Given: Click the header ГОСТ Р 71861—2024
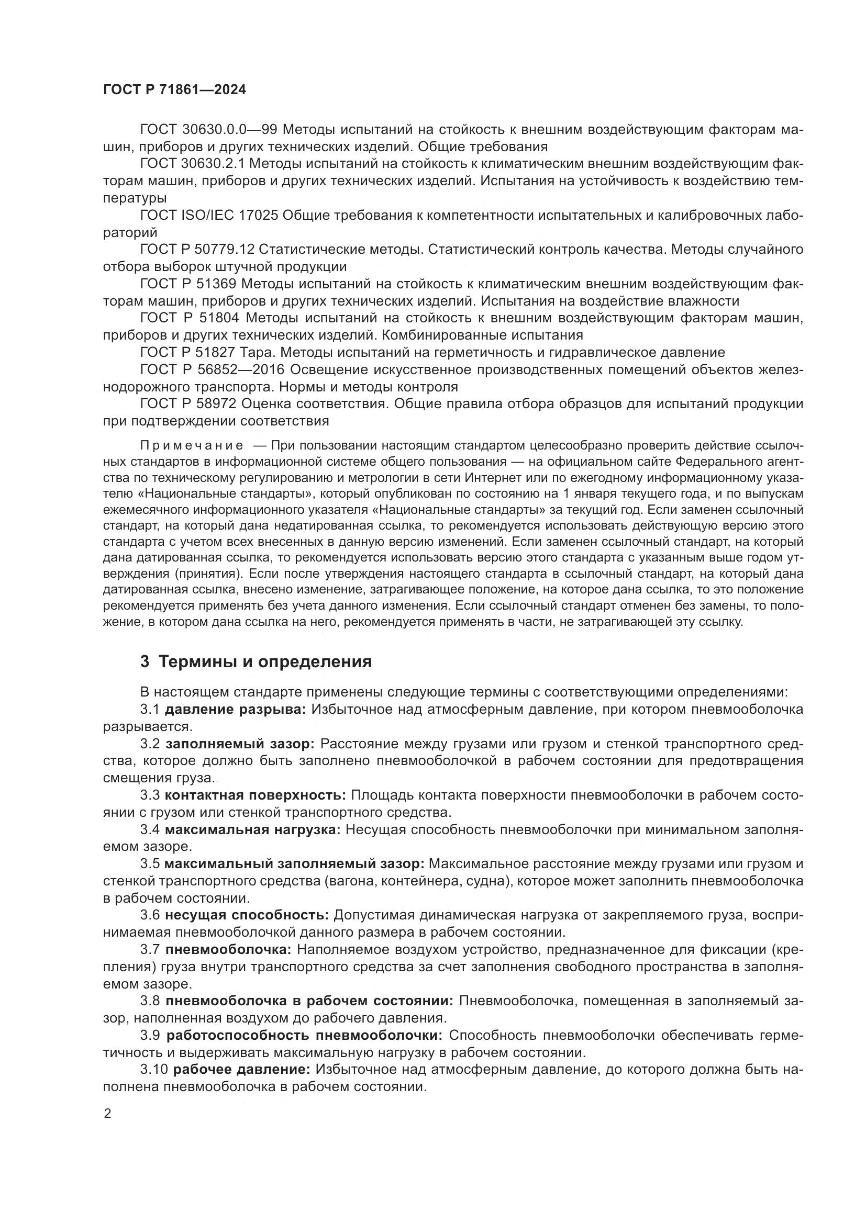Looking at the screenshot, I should pyautogui.click(x=174, y=90).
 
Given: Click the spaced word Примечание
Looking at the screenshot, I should pyautogui.click(x=192, y=446).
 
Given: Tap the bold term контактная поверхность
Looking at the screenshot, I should pyautogui.click(x=255, y=795).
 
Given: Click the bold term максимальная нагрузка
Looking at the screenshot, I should pyautogui.click(x=252, y=830).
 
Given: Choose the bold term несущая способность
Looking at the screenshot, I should pyautogui.click(x=247, y=915).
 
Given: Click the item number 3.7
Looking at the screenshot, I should pyautogui.click(x=150, y=949).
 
